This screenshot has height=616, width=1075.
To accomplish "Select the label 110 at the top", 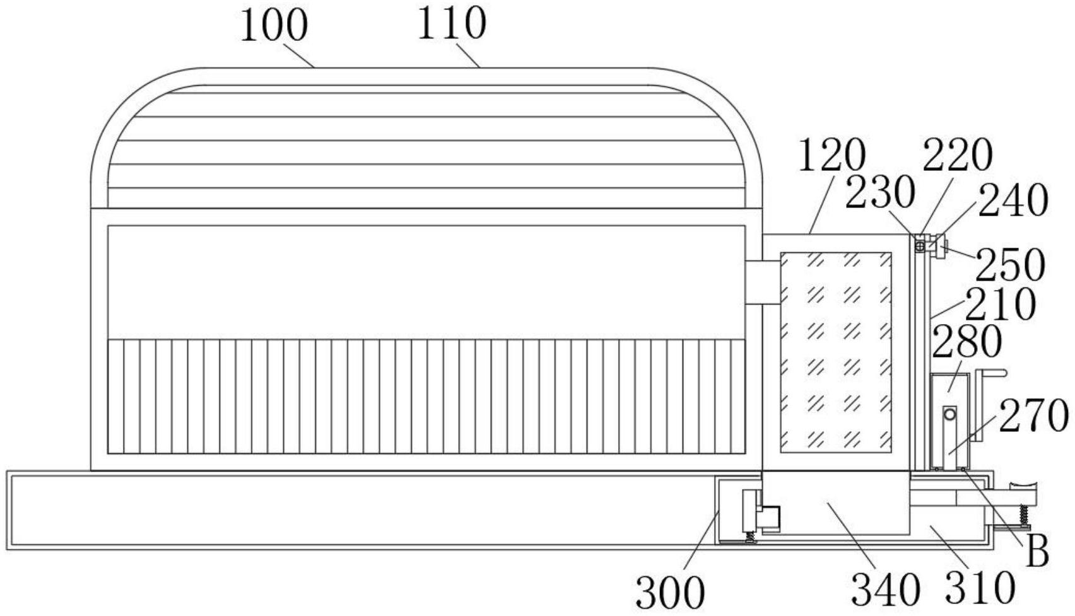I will (x=452, y=24).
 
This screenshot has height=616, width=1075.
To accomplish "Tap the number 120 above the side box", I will (x=831, y=156).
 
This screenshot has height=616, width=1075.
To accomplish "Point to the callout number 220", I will (x=958, y=156).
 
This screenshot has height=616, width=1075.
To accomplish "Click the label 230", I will (x=880, y=193).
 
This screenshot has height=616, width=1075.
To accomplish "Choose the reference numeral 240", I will (x=1013, y=201).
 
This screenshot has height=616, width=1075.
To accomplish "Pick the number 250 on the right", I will (x=1011, y=265).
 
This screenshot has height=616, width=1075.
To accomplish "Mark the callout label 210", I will (x=1000, y=305).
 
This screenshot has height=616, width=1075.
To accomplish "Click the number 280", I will (x=966, y=342).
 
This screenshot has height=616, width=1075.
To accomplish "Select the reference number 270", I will (x=1034, y=416).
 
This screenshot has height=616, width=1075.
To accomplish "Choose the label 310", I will (x=980, y=588).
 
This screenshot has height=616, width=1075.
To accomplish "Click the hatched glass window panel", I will (x=836, y=352).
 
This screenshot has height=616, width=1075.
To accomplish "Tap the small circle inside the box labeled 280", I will (x=949, y=414).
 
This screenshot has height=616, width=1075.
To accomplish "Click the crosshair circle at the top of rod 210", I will (x=920, y=245).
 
